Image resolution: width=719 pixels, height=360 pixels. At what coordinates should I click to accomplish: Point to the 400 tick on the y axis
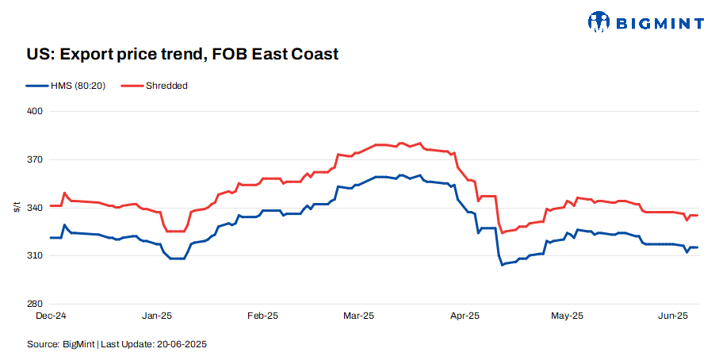[36, 111]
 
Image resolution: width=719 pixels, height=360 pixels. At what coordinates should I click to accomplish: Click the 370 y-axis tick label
[36, 159]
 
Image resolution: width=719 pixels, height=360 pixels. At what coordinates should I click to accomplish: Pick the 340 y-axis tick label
[36, 208]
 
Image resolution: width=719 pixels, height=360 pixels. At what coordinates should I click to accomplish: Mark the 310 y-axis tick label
[36, 256]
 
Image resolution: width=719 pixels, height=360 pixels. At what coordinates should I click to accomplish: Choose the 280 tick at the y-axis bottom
[36, 304]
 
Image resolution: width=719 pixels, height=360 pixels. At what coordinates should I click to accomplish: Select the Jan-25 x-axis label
[156, 316]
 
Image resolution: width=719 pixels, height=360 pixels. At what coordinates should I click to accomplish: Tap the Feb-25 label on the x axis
[262, 316]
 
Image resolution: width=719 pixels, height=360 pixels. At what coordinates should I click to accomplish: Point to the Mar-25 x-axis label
[358, 316]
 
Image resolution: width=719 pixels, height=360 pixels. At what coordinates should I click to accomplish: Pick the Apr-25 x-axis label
[465, 316]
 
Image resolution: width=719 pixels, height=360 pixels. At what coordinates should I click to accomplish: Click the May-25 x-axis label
[568, 316]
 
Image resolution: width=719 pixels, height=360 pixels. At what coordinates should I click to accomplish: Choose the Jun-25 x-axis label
[673, 316]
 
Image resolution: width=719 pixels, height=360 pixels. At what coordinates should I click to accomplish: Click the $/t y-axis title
[17, 208]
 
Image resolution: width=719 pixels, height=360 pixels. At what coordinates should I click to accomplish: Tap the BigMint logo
[645, 22]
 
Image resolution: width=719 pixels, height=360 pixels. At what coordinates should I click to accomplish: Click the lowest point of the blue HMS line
[502, 264]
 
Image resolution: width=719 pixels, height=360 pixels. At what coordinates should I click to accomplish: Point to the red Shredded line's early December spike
[64, 193]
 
